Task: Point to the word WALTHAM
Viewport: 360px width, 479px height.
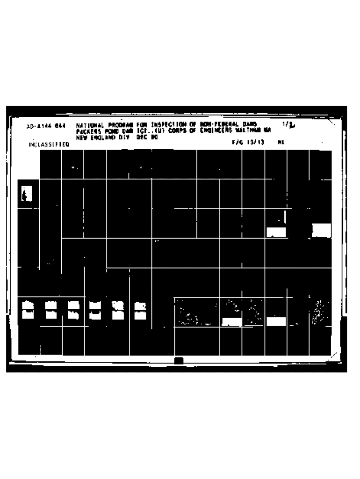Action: tap(247, 131)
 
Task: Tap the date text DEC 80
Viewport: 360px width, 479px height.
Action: tap(148, 138)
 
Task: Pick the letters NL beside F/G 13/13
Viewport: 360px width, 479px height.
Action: tap(281, 142)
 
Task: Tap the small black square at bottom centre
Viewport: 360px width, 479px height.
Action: tap(178, 360)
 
